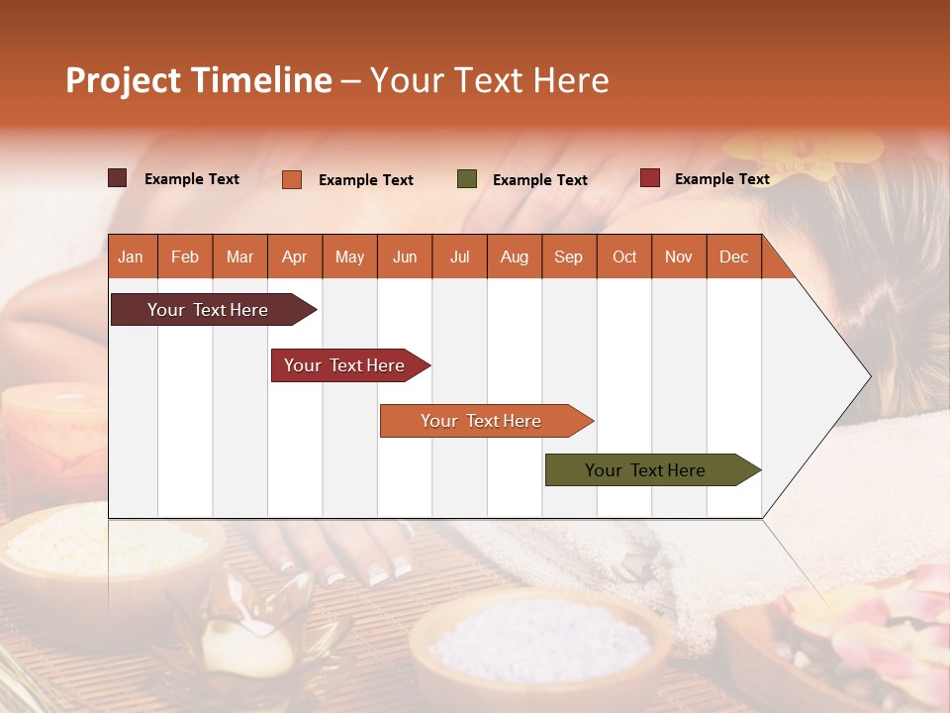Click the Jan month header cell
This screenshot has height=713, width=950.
click(x=132, y=256)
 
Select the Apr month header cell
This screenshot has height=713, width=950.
click(x=295, y=256)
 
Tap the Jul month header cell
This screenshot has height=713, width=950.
click(x=459, y=256)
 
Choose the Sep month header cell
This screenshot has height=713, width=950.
click(x=569, y=256)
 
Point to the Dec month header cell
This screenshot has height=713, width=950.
click(x=733, y=256)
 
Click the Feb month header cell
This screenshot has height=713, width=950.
click(x=185, y=256)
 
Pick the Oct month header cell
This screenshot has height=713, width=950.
click(x=624, y=256)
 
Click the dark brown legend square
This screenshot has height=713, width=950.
click(x=118, y=178)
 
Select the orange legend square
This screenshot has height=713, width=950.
click(x=292, y=179)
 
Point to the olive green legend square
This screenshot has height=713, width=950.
click(x=467, y=179)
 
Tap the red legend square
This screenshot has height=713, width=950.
click(x=650, y=178)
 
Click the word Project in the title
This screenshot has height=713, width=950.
click(x=123, y=80)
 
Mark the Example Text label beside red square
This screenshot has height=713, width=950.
click(x=721, y=179)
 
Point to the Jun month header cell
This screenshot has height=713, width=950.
click(x=405, y=256)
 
